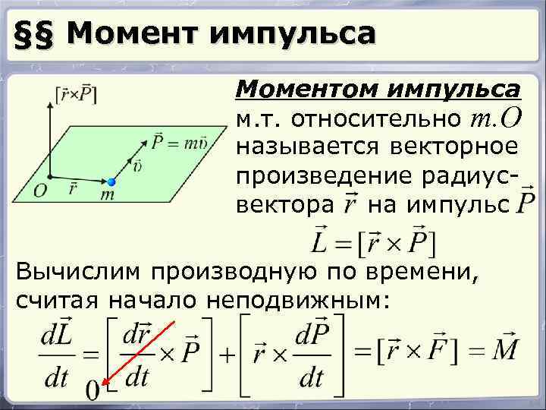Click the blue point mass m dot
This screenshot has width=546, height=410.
pyautogui.click(x=111, y=181)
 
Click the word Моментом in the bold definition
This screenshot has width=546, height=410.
pyautogui.click(x=303, y=90)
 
